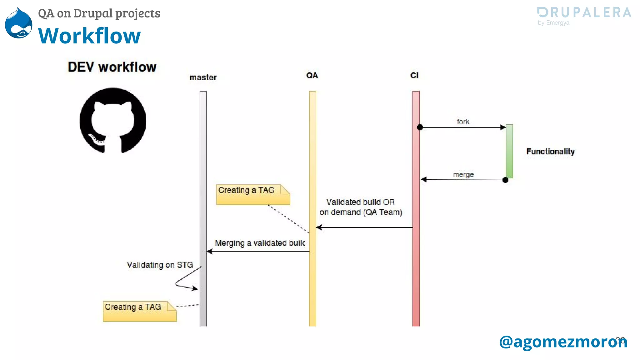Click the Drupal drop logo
pyautogui.click(x=19, y=23)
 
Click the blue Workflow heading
pyautogui.click(x=89, y=36)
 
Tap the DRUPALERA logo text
pyautogui.click(x=584, y=12)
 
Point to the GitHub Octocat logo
pyautogui.click(x=113, y=121)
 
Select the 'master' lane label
pyautogui.click(x=203, y=77)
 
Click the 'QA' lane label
pyautogui.click(x=312, y=76)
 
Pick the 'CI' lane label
pyautogui.click(x=414, y=76)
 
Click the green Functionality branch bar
pyautogui.click(x=509, y=151)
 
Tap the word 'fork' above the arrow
pyautogui.click(x=463, y=122)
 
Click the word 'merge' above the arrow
pyautogui.click(x=463, y=175)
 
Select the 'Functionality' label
pyautogui.click(x=550, y=152)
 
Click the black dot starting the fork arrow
pyautogui.click(x=420, y=127)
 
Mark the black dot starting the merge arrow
pyautogui.click(x=505, y=180)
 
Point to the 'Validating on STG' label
pyautogui.click(x=160, y=265)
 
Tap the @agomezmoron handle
pyautogui.click(x=563, y=342)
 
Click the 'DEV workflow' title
pyautogui.click(x=112, y=67)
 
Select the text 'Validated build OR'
pyautogui.click(x=360, y=202)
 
